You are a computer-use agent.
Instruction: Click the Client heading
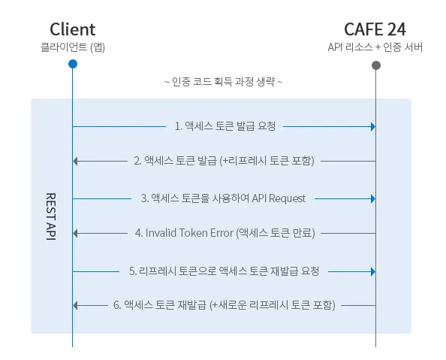[73, 29]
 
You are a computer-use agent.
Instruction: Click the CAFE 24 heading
[375, 29]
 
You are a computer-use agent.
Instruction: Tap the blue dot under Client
[73, 65]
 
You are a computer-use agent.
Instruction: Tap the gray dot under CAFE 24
[375, 65]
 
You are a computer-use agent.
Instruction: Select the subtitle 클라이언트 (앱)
[73, 47]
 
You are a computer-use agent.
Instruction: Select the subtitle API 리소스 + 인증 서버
[375, 47]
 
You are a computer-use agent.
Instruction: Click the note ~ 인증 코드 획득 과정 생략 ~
[223, 81]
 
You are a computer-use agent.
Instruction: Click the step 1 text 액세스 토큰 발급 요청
[225, 126]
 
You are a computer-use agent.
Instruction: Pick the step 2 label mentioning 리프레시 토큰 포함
[224, 161]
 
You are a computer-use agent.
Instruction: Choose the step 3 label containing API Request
[223, 198]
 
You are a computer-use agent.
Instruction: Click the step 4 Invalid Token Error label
[225, 233]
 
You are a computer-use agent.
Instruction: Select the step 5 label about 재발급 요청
[224, 270]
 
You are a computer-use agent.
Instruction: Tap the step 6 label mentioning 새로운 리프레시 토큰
[224, 305]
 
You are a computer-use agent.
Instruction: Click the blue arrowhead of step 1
[372, 126]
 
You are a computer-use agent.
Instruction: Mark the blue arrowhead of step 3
[372, 198]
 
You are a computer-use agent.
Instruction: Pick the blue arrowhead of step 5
[372, 270]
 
